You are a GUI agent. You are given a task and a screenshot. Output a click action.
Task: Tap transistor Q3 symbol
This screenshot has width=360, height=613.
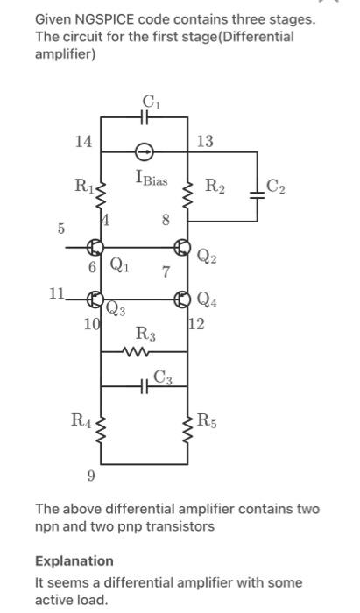95,300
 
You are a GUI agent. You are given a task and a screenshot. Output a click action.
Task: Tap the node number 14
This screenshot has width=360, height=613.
82,140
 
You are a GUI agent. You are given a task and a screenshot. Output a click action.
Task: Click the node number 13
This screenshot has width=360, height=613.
204,140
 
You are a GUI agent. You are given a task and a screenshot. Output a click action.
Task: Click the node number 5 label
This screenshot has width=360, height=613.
61,229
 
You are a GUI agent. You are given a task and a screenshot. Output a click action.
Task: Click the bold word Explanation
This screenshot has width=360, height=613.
74,560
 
